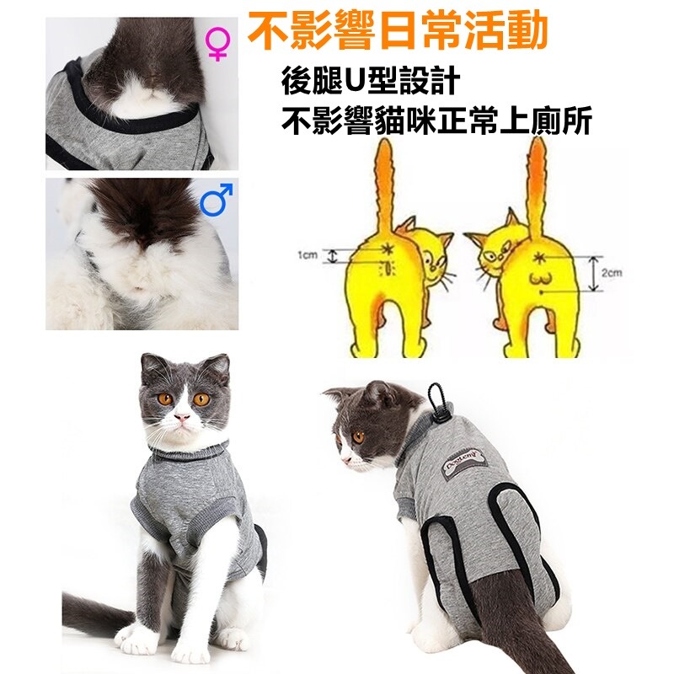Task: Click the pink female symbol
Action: [x=217, y=45]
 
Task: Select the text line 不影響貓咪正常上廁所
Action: [x=437, y=122]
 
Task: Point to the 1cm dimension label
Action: [x=307, y=254]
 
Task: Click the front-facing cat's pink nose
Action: [x=180, y=417]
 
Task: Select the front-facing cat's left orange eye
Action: [x=163, y=398]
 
